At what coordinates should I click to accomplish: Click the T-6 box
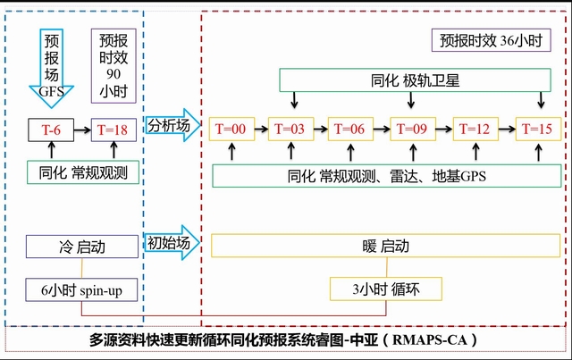pos(51,130)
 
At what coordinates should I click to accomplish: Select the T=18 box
pos(114,130)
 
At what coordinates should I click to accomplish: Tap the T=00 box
pos(231,129)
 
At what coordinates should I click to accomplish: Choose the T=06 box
pos(349,129)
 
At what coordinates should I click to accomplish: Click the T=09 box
pos(413,129)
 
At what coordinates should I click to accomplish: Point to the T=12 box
pos(475,129)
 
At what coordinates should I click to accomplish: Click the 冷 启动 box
pos(82,247)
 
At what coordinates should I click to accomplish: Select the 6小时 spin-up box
pos(82,289)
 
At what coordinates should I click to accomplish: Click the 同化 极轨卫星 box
pos(413,81)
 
